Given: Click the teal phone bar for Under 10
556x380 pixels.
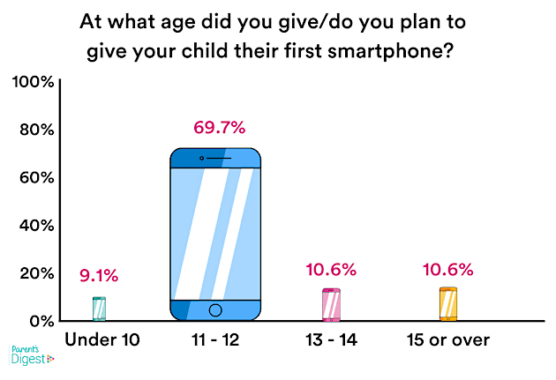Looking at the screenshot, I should tap(98, 309).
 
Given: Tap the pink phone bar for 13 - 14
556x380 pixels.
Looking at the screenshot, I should tap(331, 305).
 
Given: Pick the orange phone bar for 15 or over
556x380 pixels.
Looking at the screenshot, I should tap(448, 304).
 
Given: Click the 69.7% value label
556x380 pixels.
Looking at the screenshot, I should tap(216, 128).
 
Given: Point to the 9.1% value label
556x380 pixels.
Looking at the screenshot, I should tap(98, 276).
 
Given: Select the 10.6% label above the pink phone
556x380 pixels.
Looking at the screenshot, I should tap(332, 269).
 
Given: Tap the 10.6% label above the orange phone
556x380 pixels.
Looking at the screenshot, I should tap(449, 269).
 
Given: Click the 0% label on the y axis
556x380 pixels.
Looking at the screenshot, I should tap(41, 320).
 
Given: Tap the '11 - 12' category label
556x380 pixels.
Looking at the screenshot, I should tap(215, 339).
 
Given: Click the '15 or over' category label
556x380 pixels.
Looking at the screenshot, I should tap(448, 339).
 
